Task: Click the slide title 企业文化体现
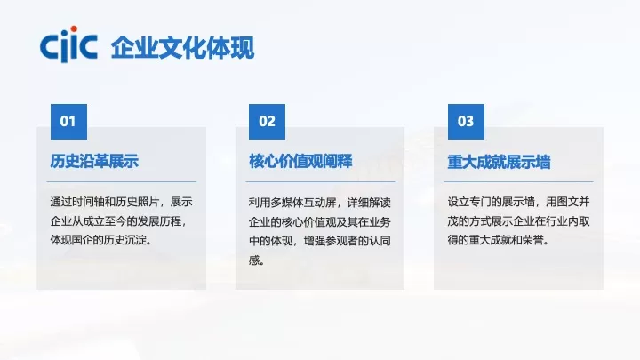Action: [x=182, y=47]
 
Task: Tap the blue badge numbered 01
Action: [x=68, y=121]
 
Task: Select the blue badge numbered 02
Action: [x=267, y=121]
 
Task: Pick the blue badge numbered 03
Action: [x=466, y=121]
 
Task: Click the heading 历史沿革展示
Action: [x=95, y=161]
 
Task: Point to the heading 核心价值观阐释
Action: [x=300, y=161]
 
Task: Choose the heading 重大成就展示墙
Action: [x=499, y=162]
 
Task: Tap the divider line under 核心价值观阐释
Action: [x=321, y=181]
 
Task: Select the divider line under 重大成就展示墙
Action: [x=520, y=181]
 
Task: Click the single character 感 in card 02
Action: [x=255, y=260]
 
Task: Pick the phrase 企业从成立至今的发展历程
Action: [x=118, y=220]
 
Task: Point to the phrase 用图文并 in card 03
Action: [x=569, y=201]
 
